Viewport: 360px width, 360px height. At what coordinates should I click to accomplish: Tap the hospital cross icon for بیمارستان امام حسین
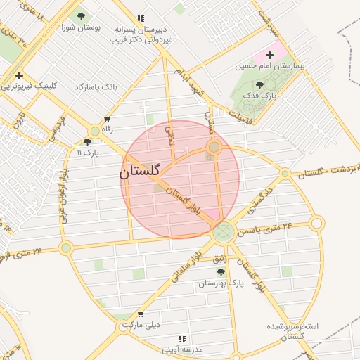[269, 54]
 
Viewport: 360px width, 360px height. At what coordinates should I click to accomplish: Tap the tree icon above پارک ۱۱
[87, 141]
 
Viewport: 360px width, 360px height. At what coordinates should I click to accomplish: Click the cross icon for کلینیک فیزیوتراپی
[19, 75]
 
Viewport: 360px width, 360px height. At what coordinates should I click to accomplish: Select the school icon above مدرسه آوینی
[182, 339]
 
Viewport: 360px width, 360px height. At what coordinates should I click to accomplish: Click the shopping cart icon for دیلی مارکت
[141, 314]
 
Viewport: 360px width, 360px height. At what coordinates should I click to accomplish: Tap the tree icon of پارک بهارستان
[221, 272]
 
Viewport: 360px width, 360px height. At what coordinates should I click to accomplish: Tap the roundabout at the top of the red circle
[214, 148]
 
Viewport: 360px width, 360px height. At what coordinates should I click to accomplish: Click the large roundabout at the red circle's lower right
[224, 231]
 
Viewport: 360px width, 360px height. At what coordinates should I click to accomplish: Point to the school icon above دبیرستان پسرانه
[141, 18]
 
